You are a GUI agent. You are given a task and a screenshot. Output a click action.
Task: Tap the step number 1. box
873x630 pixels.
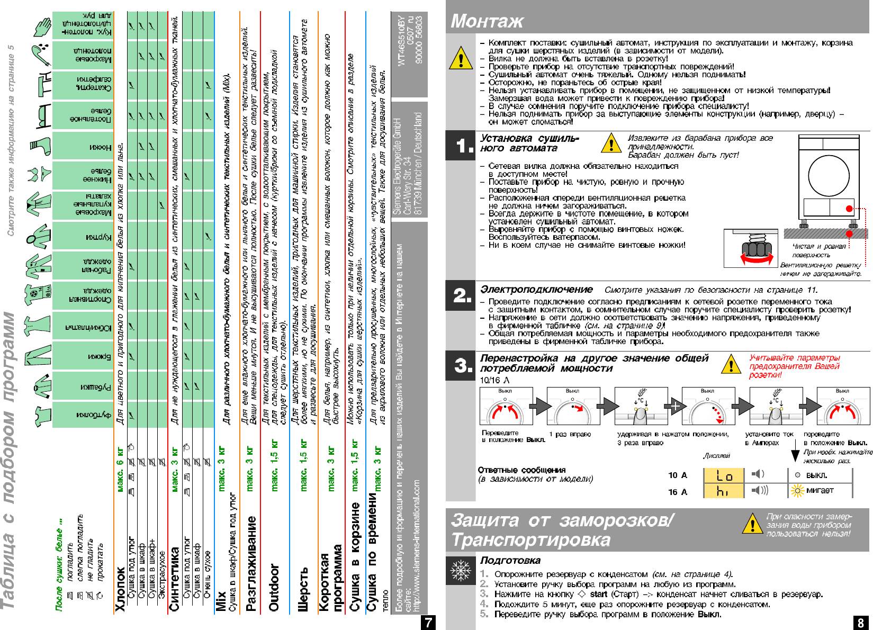[x=461, y=146]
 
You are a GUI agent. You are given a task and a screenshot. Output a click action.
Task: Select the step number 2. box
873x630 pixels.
[x=461, y=295]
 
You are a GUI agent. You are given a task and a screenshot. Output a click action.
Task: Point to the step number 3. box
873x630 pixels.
[x=461, y=365]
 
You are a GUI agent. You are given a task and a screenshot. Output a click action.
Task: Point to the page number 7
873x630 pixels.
[x=427, y=622]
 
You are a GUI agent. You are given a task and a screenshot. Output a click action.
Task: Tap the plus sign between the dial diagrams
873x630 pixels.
[x=674, y=407]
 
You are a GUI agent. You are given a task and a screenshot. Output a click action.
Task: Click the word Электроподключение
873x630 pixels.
[x=536, y=290]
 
